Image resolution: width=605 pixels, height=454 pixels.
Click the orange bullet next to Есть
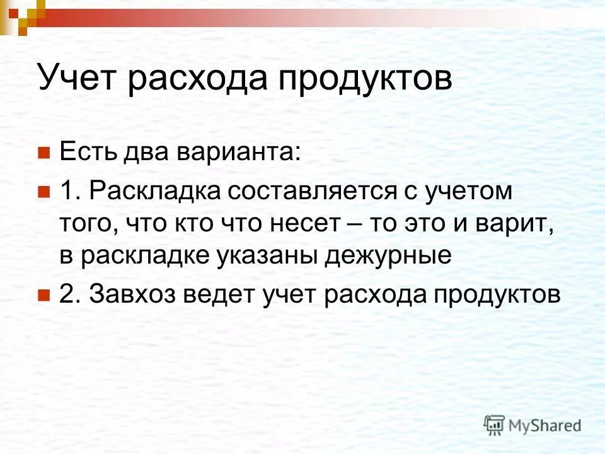coord(43,153)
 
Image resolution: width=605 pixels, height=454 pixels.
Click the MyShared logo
coord(533,424)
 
